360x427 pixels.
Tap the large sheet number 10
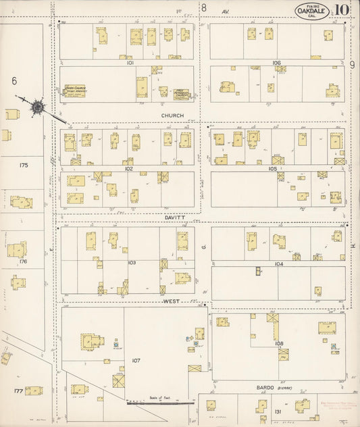tap(341, 9)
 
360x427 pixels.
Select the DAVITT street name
tap(174, 218)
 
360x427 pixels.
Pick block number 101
tap(130, 62)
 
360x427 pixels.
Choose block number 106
tap(276, 62)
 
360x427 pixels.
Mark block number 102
tap(128, 170)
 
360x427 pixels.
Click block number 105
tap(273, 169)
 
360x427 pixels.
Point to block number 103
tap(131, 262)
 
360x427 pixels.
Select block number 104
tap(278, 263)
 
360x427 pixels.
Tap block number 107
tap(136, 361)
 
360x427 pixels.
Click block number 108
tap(279, 344)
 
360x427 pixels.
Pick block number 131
tap(277, 411)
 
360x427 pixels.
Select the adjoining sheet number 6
tap(14, 80)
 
